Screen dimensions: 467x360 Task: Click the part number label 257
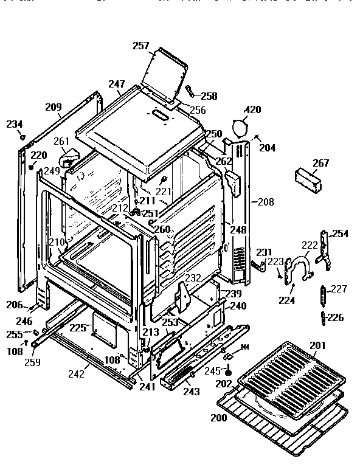pyautogui.click(x=142, y=46)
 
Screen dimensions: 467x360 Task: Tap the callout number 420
pyautogui.click(x=252, y=110)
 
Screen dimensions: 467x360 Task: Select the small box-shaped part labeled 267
pyautogui.click(x=310, y=180)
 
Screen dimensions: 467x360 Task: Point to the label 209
pyautogui.click(x=54, y=108)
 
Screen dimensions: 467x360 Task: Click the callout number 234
pyautogui.click(x=14, y=124)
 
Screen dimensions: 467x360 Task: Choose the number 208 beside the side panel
pyautogui.click(x=266, y=201)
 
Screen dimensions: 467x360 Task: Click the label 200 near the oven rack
pyautogui.click(x=219, y=418)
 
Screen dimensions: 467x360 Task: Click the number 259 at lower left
pyautogui.click(x=33, y=362)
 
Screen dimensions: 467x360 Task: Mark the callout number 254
pyautogui.click(x=341, y=234)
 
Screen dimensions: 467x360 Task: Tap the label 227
pyautogui.click(x=339, y=289)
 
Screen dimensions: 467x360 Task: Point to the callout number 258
pyautogui.click(x=209, y=96)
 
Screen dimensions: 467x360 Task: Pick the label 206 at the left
pyautogui.click(x=15, y=305)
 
